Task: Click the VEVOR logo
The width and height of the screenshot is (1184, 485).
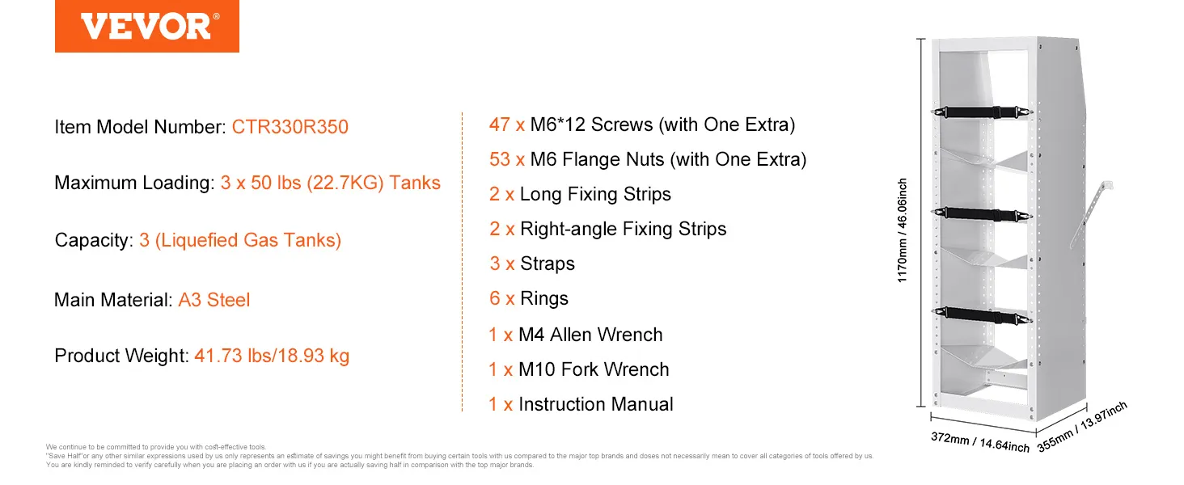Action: [147, 26]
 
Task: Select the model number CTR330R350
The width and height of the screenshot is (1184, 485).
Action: [290, 127]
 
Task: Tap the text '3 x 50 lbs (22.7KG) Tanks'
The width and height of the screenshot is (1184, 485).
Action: [330, 183]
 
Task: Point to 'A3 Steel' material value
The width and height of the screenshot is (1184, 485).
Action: [214, 300]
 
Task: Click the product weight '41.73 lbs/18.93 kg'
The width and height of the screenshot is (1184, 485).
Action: [272, 356]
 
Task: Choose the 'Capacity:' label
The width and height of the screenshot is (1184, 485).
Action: [94, 240]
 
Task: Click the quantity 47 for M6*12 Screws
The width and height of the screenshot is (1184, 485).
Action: [500, 124]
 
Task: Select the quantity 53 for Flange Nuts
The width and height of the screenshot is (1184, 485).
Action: [500, 159]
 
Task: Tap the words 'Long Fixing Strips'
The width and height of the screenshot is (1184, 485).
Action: [595, 195]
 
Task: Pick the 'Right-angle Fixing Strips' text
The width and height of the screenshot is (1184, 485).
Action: [624, 230]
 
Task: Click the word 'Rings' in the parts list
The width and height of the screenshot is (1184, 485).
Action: [544, 298]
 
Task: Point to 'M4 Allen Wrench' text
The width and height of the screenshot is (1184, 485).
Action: [590, 335]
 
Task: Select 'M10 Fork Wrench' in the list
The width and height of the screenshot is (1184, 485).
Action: [594, 370]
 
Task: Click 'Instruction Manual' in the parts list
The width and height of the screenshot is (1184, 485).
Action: [596, 405]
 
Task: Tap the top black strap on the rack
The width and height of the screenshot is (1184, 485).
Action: [982, 112]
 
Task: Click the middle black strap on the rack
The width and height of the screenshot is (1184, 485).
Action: [982, 214]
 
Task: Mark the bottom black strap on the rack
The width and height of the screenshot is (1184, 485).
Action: [982, 315]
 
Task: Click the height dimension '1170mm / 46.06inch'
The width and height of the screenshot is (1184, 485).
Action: [903, 230]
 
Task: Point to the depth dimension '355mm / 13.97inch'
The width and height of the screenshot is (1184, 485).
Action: [1082, 427]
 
